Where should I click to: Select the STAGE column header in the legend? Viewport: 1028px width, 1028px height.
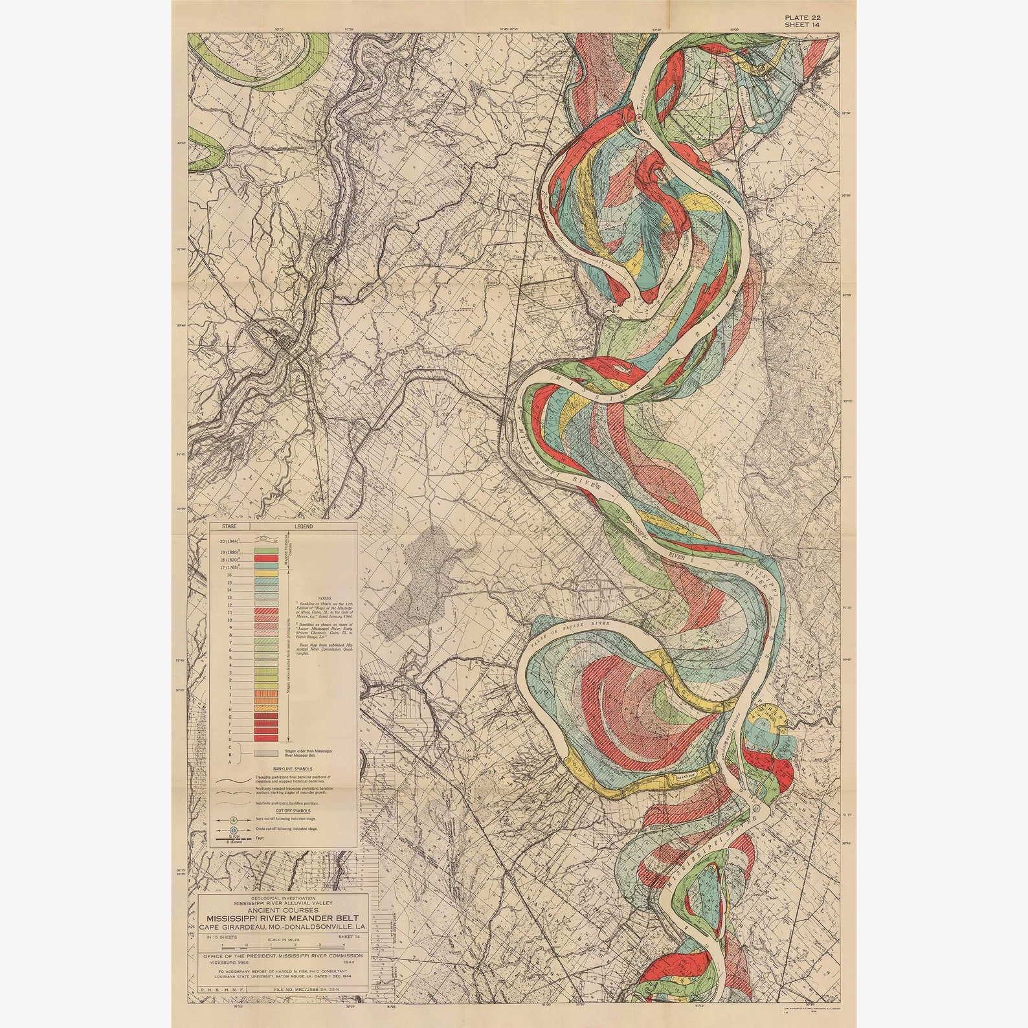[229, 526]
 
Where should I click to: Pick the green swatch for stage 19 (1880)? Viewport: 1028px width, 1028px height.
[266, 551]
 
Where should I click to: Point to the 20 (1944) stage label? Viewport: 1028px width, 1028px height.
[229, 541]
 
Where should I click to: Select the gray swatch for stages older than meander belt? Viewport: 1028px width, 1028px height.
[266, 754]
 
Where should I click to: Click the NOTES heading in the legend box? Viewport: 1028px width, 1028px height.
[324, 598]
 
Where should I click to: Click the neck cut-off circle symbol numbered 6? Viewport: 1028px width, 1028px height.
[234, 820]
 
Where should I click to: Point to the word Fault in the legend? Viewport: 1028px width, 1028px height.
[260, 838]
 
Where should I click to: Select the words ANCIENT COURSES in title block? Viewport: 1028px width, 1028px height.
[283, 910]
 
